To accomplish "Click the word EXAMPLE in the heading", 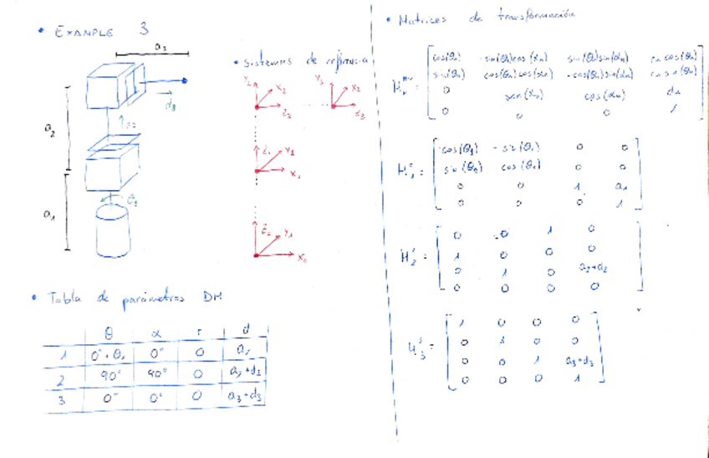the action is point(84,32).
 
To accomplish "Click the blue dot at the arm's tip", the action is point(185,80).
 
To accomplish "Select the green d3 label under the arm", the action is point(171,105).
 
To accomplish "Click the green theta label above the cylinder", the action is point(132,199).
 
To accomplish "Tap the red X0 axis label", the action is point(302,257).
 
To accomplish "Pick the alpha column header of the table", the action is point(155,333).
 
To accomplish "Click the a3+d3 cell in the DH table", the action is point(244,396).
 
